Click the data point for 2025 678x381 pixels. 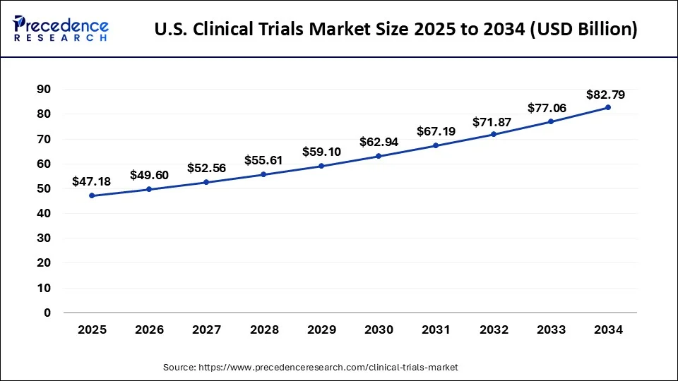pos(92,195)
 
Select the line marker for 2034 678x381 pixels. pos(607,107)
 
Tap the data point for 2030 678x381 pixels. pos(379,156)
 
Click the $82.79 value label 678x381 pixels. pos(605,94)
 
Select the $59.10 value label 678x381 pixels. pos(321,152)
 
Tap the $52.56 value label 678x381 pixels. pos(206,168)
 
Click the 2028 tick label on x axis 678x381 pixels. pos(264,329)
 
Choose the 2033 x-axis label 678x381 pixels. pos(550,329)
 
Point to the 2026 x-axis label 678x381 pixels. pos(149,329)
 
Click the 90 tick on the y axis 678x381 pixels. pos(44,89)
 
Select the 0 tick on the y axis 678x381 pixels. pos(47,313)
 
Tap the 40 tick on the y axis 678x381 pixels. pos(44,213)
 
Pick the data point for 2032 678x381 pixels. pos(493,134)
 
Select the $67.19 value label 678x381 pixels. pos(436,131)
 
